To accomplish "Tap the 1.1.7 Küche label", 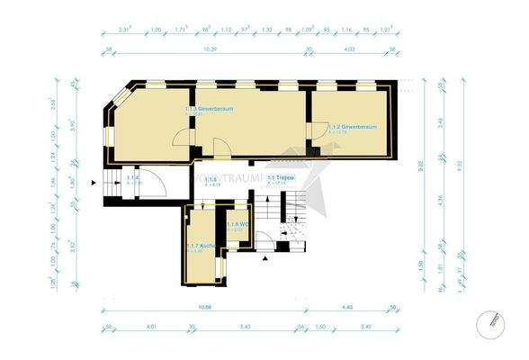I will pyautogui.click(x=200, y=245).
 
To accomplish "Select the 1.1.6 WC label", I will pyautogui.click(x=237, y=224).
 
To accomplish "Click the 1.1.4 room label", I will pyautogui.click(x=132, y=178).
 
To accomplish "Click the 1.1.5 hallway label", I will pyautogui.click(x=211, y=180).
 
